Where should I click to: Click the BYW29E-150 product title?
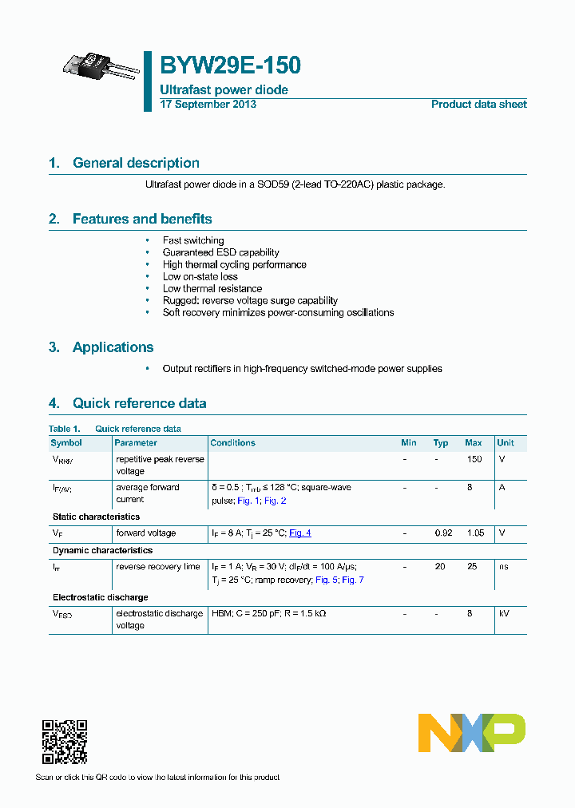(x=230, y=65)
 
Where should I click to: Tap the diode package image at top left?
(x=101, y=67)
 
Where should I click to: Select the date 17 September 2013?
(x=208, y=105)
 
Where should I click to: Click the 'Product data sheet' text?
(x=478, y=105)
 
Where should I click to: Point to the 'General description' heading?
(x=136, y=163)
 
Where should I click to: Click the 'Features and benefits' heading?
(x=142, y=219)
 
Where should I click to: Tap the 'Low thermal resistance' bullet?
(x=212, y=288)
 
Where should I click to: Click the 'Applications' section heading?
(x=113, y=347)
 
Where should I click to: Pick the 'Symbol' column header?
(x=66, y=442)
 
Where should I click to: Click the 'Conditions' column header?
(x=232, y=442)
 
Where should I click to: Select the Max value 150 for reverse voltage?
(x=474, y=460)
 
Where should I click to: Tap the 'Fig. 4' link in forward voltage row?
(x=299, y=533)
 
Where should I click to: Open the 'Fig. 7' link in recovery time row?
(x=353, y=580)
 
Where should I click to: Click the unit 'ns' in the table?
(x=503, y=567)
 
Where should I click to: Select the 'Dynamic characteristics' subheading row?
(x=102, y=550)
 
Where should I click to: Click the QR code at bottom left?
(x=64, y=742)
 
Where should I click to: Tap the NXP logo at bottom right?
(x=471, y=732)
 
